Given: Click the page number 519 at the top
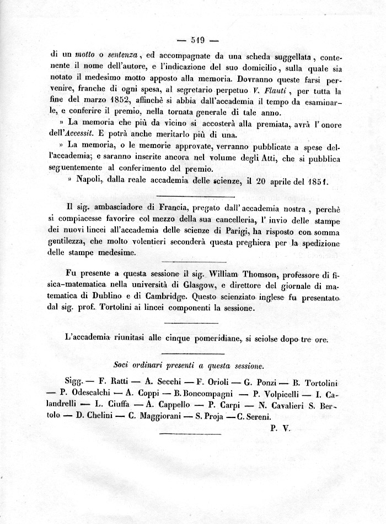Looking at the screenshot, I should pos(197,40).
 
